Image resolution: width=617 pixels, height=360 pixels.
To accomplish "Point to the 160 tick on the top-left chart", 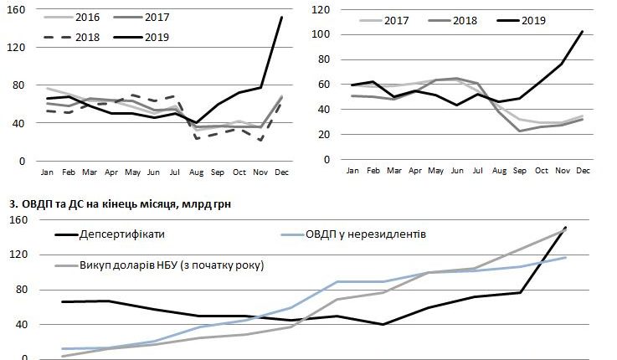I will tap(16, 10).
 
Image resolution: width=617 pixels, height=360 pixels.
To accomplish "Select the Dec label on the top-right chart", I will tap(583, 172).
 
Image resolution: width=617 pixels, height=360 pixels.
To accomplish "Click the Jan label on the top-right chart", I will tap(352, 172).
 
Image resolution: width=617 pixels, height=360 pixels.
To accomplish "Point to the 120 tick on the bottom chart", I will tap(16, 255).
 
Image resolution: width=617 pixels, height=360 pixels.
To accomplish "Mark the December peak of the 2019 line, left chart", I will tap(280, 17).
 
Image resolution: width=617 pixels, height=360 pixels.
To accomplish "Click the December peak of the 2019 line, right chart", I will tap(582, 32).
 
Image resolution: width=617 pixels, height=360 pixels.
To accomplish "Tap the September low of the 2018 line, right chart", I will tap(519, 131).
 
